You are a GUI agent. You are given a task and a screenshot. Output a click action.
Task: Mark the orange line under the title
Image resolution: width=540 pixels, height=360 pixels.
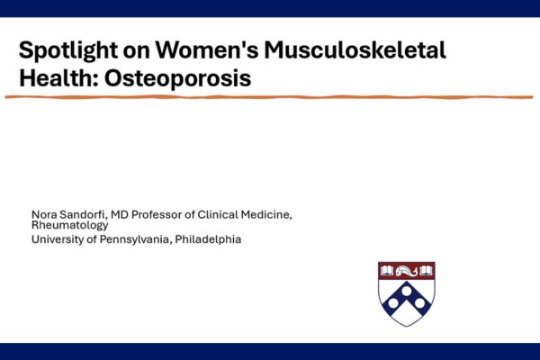point(270,96)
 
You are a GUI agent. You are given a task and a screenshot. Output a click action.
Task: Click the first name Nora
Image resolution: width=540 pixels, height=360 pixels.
point(43,213)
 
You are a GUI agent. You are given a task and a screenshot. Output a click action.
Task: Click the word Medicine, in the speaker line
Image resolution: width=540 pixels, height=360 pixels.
point(267,213)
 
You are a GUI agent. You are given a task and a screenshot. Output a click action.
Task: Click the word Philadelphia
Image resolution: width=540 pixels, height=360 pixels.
point(209,239)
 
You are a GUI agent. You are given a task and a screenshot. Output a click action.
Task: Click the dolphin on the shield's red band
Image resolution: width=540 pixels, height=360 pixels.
point(407,270)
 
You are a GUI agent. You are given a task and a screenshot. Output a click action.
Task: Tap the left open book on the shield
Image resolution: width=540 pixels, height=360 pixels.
point(388,270)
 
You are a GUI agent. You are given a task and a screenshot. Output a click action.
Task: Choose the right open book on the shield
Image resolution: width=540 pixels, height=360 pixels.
point(427,270)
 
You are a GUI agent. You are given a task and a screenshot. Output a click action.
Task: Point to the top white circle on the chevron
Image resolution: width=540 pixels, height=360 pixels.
point(407,289)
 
